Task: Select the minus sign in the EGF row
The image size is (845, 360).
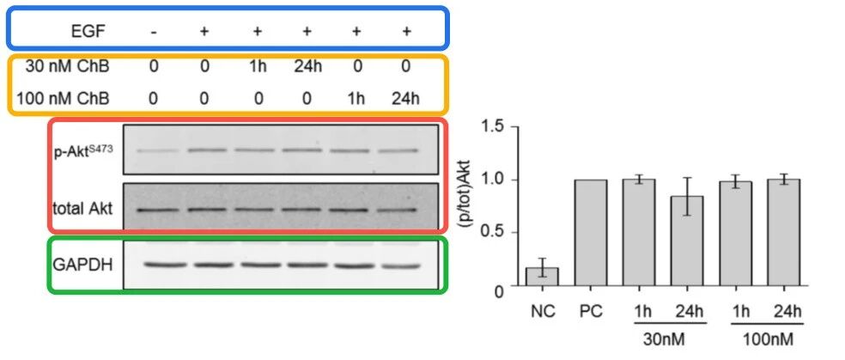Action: click(154, 32)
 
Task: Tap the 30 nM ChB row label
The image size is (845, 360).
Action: click(67, 66)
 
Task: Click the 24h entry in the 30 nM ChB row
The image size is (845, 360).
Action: click(307, 66)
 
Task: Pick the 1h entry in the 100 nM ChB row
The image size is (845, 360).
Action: click(356, 99)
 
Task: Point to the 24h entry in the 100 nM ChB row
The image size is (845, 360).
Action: click(406, 99)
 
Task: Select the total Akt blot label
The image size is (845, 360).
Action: click(83, 209)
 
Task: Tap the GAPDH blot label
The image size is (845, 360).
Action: click(83, 265)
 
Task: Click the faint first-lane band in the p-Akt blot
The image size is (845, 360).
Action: click(154, 151)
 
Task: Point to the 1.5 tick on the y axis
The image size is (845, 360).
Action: click(516, 126)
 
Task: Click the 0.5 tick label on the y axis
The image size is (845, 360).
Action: click(494, 233)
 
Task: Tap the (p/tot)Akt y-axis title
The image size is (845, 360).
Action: click(468, 206)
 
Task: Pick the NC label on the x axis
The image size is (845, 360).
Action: click(542, 312)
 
